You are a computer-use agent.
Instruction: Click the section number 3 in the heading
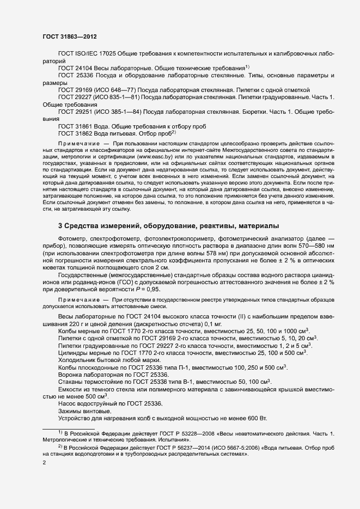[x=60, y=225]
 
